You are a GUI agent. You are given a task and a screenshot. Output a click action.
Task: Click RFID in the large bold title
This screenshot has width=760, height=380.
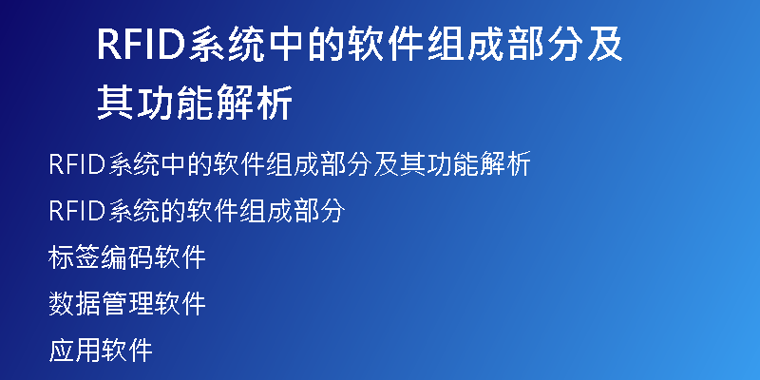point(142,45)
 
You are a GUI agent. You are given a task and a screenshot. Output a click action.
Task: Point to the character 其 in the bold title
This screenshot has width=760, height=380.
point(115,103)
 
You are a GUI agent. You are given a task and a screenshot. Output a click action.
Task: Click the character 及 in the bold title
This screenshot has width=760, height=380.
point(604,45)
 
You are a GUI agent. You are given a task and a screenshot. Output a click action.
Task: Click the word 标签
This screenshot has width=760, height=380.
point(74,257)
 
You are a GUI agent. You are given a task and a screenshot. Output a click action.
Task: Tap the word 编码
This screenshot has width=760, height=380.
point(126,257)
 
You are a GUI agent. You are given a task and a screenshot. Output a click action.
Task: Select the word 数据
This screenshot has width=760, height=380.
point(74,303)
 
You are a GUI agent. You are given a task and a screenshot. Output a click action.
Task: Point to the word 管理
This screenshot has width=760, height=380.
point(126,303)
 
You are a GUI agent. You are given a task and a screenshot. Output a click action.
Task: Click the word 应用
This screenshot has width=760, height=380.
point(74,350)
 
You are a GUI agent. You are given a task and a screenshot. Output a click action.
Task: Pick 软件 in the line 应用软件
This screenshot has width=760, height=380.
point(126,350)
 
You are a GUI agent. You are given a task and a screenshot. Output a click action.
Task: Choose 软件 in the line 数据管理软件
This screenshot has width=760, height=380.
point(180,303)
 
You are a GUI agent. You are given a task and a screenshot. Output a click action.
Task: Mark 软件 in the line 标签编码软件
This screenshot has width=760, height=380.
point(180,257)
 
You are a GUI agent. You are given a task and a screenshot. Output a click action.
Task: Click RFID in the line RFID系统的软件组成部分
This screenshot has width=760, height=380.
point(77,211)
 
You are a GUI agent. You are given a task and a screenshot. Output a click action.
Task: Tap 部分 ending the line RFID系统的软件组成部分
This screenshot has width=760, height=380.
point(319,211)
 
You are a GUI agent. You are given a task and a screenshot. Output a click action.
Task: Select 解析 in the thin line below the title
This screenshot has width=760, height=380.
point(505,164)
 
